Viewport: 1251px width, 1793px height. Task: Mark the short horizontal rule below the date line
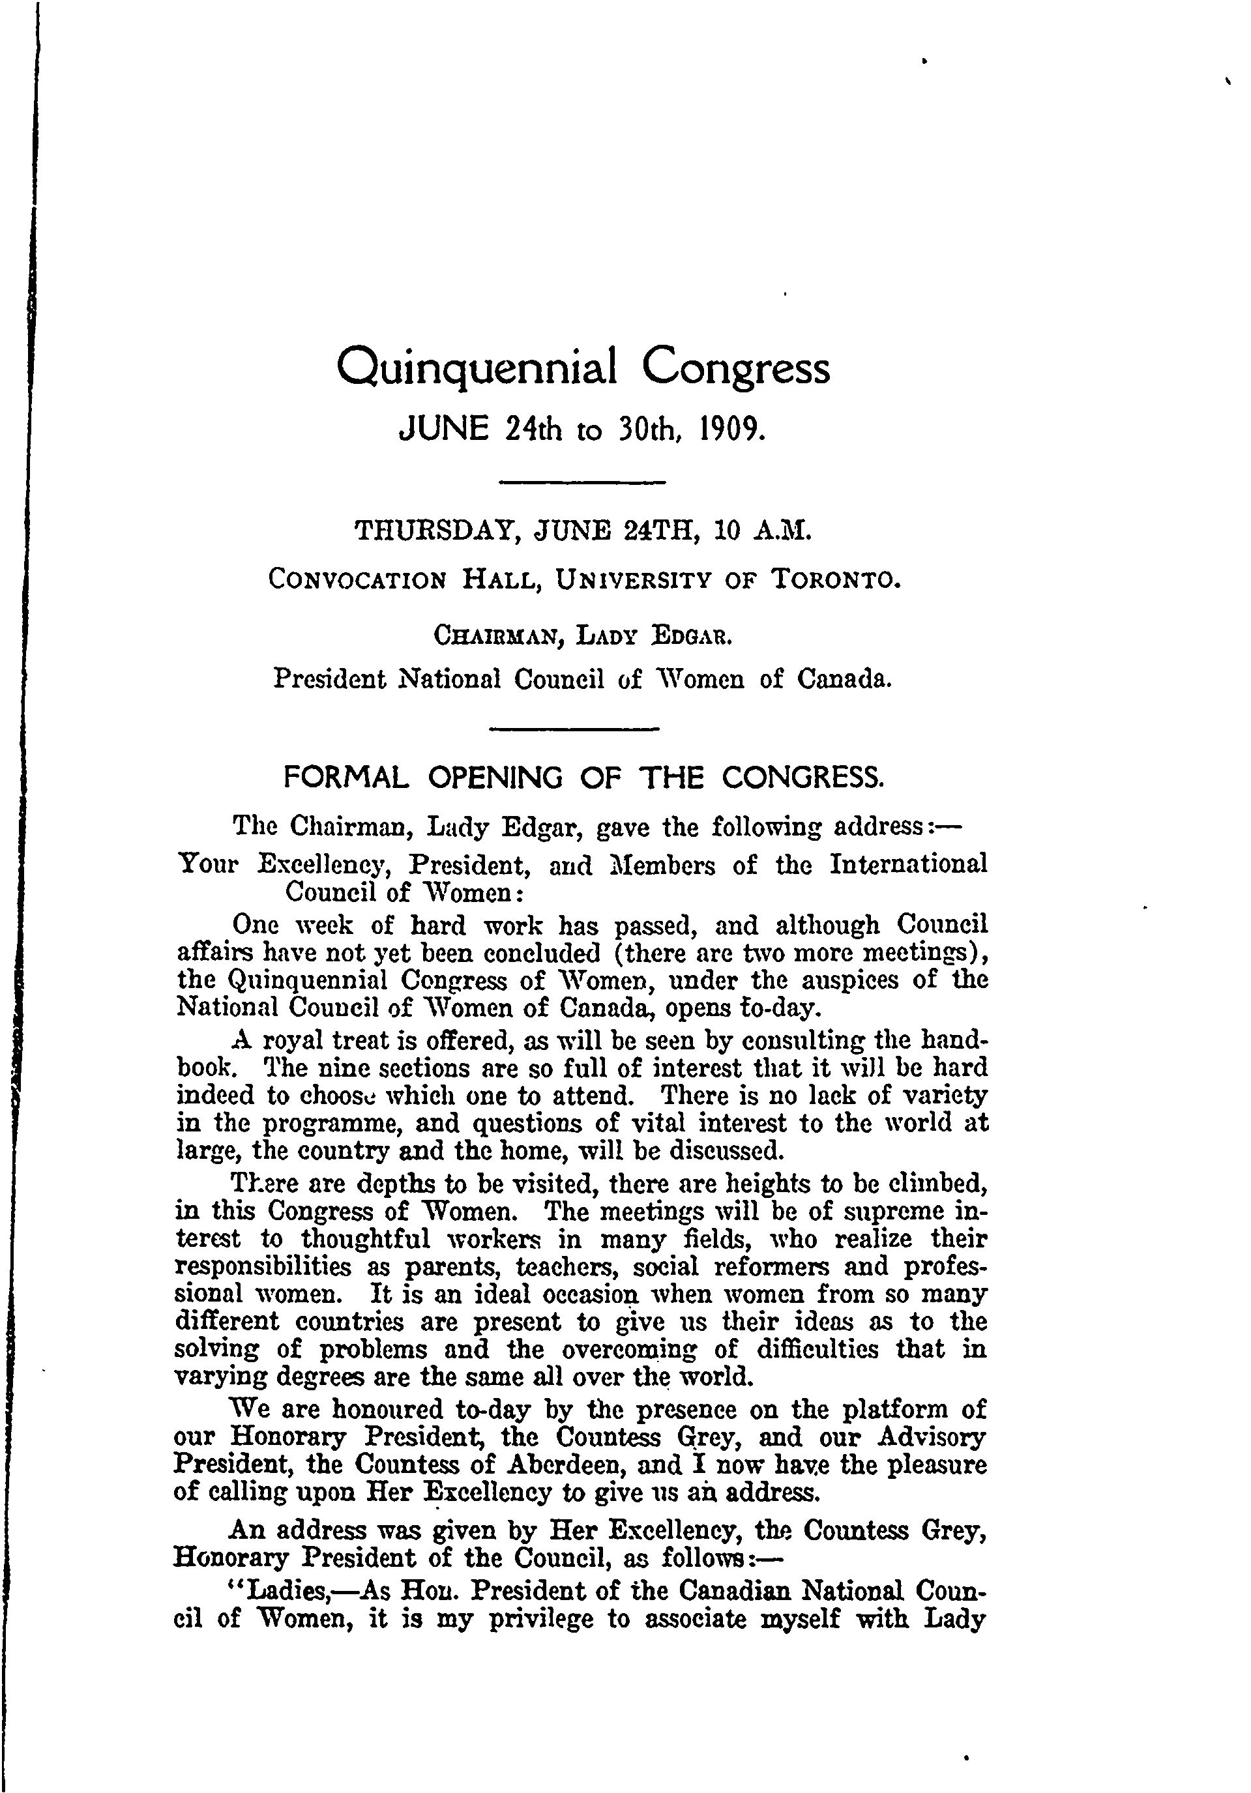click(581, 482)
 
